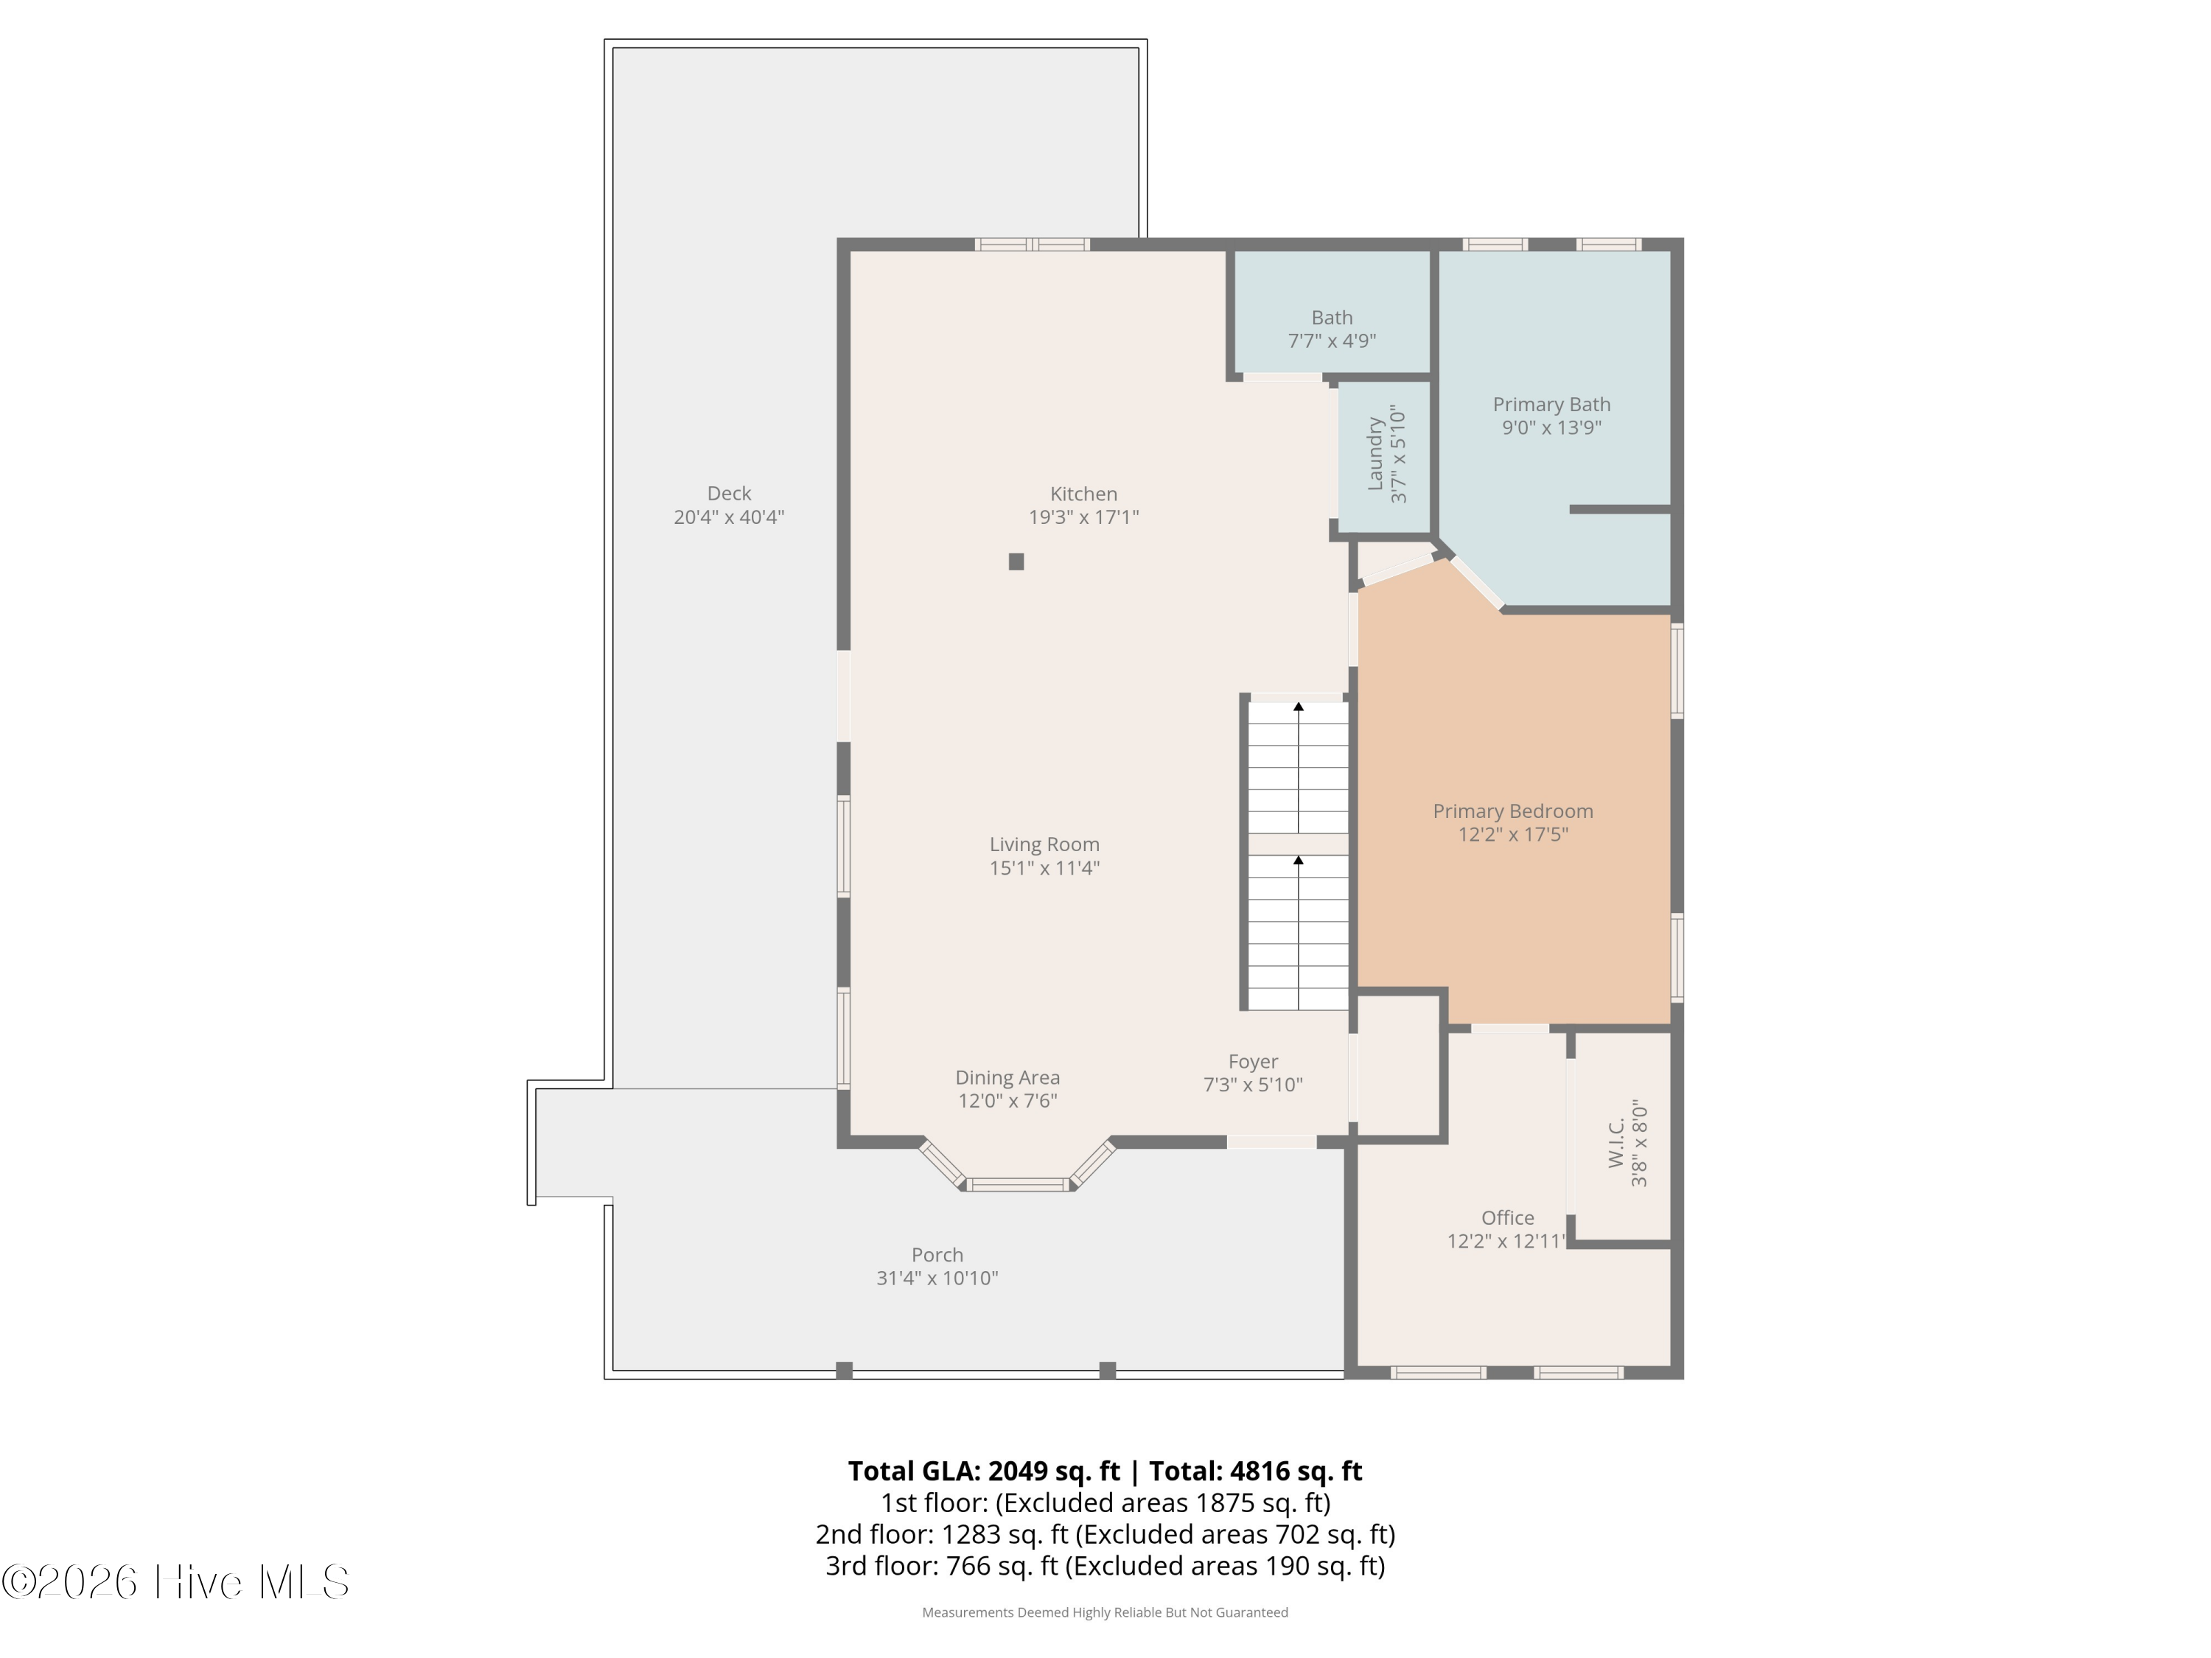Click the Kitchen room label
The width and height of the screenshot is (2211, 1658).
[x=1083, y=494]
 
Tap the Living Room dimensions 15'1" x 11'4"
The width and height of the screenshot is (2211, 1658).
[x=1044, y=867]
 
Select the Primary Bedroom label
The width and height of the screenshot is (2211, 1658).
[x=1512, y=811]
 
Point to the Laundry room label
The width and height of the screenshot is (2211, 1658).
[x=1375, y=454]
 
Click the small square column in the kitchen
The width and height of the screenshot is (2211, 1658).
[x=1016, y=562]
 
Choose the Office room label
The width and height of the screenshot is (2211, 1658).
[x=1507, y=1217]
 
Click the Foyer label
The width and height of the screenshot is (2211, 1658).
[x=1254, y=1061]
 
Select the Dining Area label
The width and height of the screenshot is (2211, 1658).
[x=1007, y=1077]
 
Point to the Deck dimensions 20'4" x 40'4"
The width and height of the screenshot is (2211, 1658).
[x=729, y=517]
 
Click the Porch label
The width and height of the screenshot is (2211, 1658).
[x=937, y=1254]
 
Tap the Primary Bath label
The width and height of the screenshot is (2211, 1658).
[x=1551, y=405]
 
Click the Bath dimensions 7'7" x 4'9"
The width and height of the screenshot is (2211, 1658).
[x=1332, y=340]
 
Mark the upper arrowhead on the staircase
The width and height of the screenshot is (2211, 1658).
[x=1299, y=707]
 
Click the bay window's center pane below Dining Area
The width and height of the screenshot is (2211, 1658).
[x=1019, y=1184]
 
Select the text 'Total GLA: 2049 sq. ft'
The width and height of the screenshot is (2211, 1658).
[x=984, y=1471]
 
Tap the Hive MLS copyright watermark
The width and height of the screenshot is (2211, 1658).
[x=176, y=1582]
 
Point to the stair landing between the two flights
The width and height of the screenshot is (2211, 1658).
[x=1299, y=844]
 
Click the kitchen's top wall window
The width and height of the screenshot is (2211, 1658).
[x=1033, y=245]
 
